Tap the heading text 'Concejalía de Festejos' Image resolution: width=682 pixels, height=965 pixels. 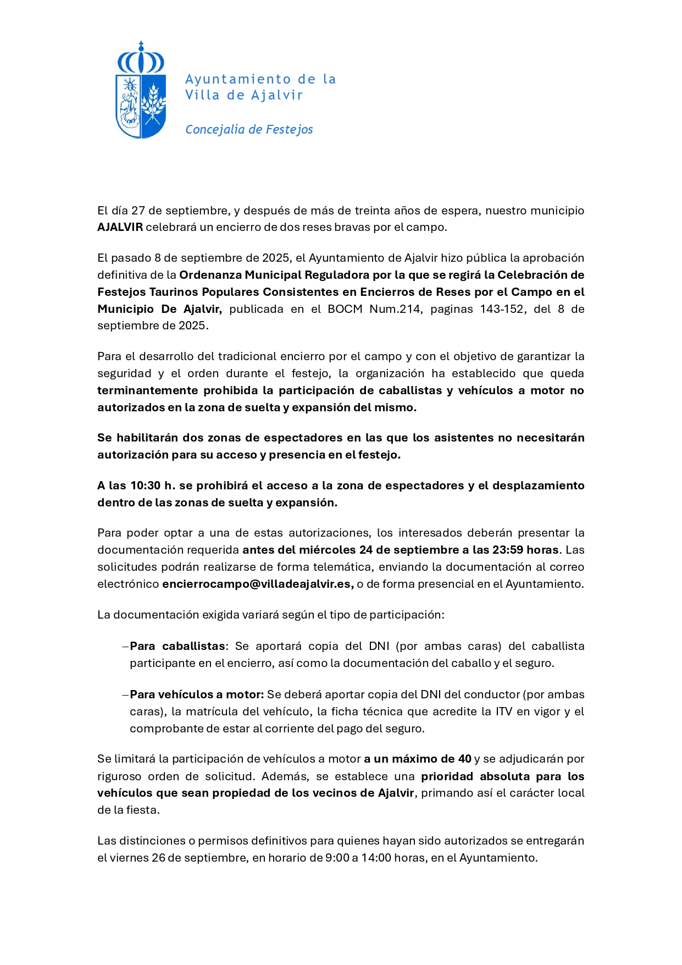tap(249, 130)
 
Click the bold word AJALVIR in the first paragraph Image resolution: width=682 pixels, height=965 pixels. tap(120, 228)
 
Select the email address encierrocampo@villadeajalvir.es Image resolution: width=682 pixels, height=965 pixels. tap(258, 584)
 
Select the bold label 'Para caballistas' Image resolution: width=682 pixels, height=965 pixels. tap(178, 646)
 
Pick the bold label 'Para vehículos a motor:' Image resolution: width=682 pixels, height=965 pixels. tap(197, 694)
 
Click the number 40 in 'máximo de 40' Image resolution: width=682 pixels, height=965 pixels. tap(464, 759)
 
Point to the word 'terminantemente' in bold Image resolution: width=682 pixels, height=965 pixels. tap(147, 390)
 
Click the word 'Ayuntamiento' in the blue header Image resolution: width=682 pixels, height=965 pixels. tap(237, 80)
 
